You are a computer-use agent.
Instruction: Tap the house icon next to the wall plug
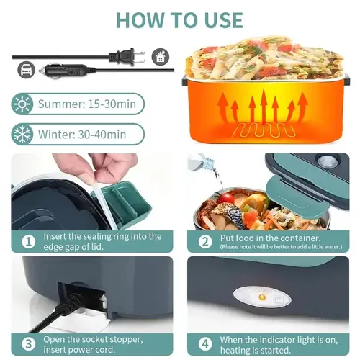[x=161, y=57]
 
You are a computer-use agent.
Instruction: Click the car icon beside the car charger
[x=26, y=70]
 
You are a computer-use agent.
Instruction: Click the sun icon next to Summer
[x=22, y=104]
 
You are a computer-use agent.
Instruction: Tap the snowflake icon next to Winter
[x=22, y=134]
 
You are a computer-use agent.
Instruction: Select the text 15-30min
[x=112, y=104]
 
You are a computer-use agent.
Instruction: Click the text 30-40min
[x=102, y=135]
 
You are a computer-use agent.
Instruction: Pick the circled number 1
[x=29, y=242]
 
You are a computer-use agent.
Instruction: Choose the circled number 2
[x=205, y=242]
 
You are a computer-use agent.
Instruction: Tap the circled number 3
[x=29, y=344]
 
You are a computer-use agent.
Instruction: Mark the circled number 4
[x=205, y=344]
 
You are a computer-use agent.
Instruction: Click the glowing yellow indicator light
[x=262, y=298]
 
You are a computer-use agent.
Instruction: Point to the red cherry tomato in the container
[x=225, y=198]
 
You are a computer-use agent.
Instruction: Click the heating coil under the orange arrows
[x=264, y=131]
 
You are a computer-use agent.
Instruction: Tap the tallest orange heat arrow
[x=264, y=107]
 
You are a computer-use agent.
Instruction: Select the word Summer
[x=60, y=104]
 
